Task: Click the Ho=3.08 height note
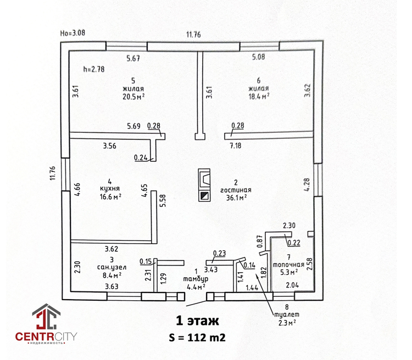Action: (73, 33)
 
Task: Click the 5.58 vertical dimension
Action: (163, 201)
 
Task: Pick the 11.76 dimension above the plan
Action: (193, 35)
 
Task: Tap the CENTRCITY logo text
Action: (46, 335)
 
